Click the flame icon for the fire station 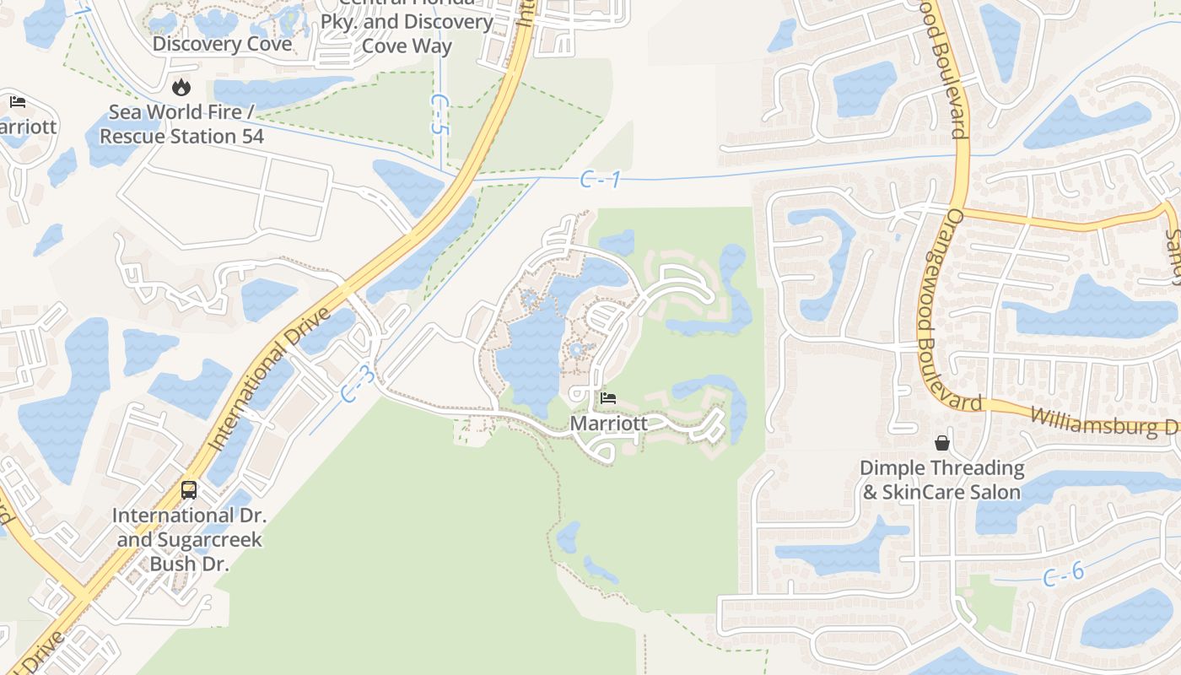click(x=181, y=87)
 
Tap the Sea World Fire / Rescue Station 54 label click(x=181, y=124)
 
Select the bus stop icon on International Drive click(x=189, y=490)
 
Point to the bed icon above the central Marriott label click(x=608, y=398)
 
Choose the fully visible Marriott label click(x=609, y=423)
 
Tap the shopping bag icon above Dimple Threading click(x=941, y=443)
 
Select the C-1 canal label click(x=601, y=179)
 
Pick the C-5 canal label click(x=437, y=114)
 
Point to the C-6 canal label click(x=1063, y=575)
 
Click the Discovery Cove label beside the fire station click(x=222, y=44)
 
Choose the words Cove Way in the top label click(x=407, y=46)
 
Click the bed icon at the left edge click(x=18, y=102)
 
